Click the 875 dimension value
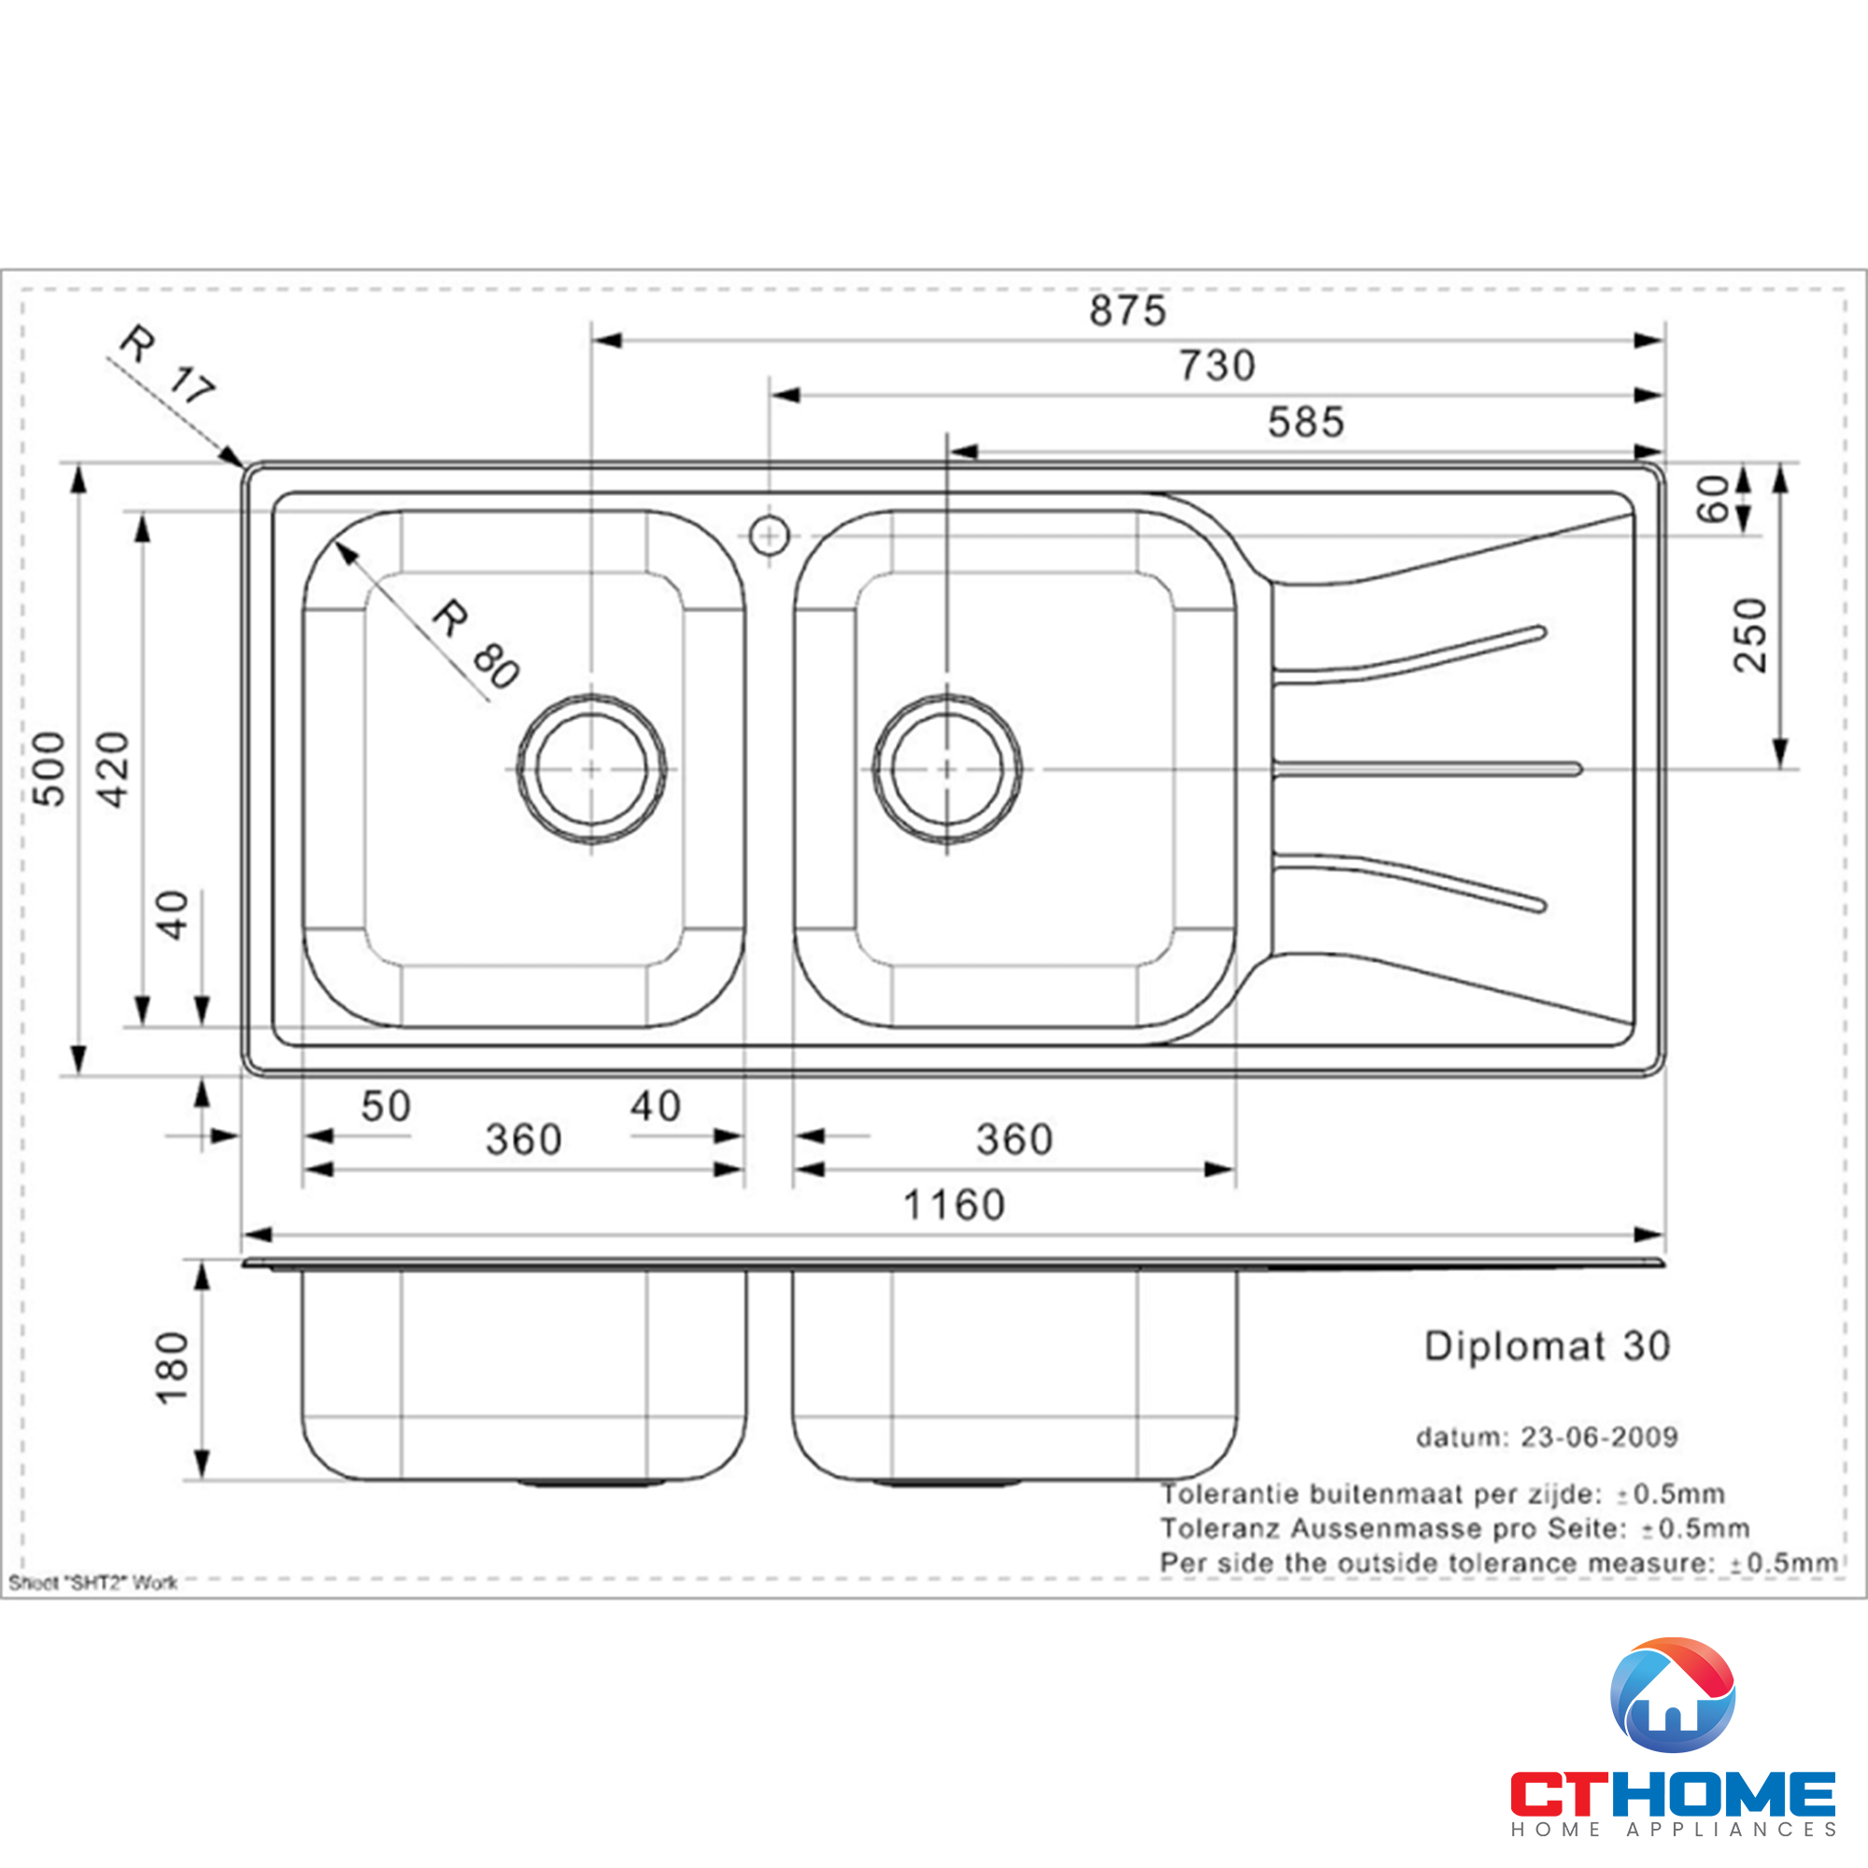1127,311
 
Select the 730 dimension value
1216,366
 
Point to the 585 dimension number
1306,422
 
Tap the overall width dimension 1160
954,1206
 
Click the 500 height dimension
50,769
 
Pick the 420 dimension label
113,769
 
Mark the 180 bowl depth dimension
172,1369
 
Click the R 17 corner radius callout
166,365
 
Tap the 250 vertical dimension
1750,635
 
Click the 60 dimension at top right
1713,499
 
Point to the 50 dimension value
386,1106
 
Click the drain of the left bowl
591,769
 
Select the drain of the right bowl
946,769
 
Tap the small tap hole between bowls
770,534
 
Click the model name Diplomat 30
1547,1346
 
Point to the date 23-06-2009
1598,1436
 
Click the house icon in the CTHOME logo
1673,1698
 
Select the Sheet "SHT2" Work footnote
92,1583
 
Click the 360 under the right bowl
1013,1139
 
